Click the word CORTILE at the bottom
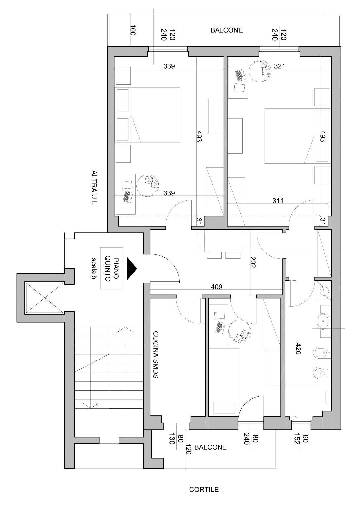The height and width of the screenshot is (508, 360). (204, 490)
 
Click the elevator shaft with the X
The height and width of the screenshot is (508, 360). (44, 298)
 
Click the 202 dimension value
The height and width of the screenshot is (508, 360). (253, 262)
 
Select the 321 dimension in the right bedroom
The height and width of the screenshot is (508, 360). (279, 66)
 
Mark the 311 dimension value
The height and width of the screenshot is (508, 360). (278, 200)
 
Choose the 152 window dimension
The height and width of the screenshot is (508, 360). (297, 439)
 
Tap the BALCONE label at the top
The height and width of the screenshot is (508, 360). (226, 30)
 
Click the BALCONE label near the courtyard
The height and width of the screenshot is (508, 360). (211, 447)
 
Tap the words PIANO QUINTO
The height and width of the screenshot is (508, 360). (112, 268)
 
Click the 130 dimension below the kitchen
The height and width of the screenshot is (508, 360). (172, 439)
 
